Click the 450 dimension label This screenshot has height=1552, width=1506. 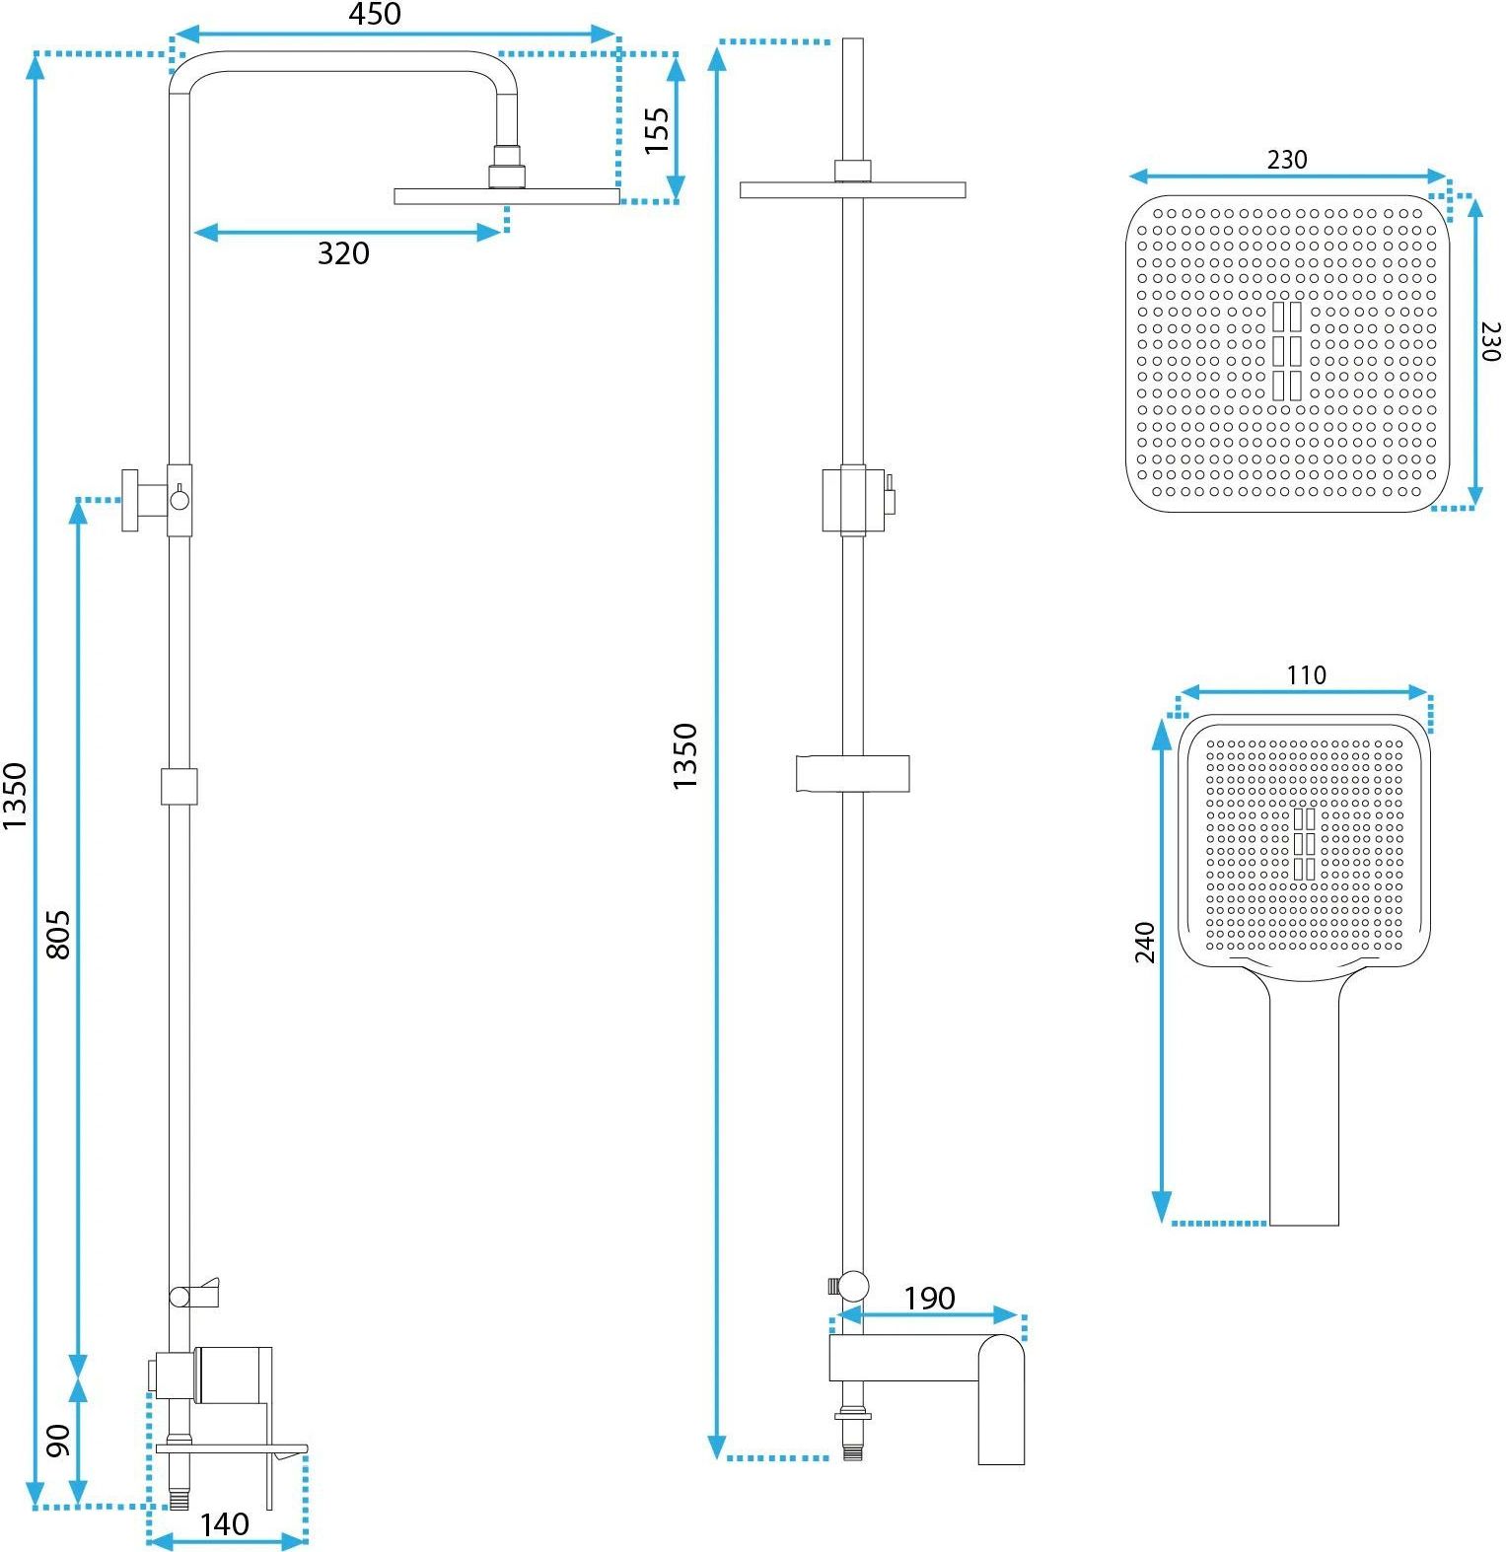375,15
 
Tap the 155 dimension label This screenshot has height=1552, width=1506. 657,130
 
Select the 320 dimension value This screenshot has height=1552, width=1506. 343,253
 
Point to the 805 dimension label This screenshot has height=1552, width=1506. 58,935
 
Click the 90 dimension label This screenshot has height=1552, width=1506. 58,1441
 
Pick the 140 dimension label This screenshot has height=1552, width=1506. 225,1524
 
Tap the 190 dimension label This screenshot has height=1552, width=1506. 929,1299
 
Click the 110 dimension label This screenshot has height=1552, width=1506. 1306,675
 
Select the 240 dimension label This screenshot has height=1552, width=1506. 1144,942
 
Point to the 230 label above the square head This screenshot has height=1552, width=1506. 1287,160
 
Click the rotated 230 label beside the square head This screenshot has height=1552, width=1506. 1490,341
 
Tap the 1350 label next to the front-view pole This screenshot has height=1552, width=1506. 684,756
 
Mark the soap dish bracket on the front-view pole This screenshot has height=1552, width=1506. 852,774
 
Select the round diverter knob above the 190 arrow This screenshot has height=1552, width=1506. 853,1286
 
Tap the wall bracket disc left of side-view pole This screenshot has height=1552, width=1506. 130,501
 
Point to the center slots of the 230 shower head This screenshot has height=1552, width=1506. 1287,351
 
